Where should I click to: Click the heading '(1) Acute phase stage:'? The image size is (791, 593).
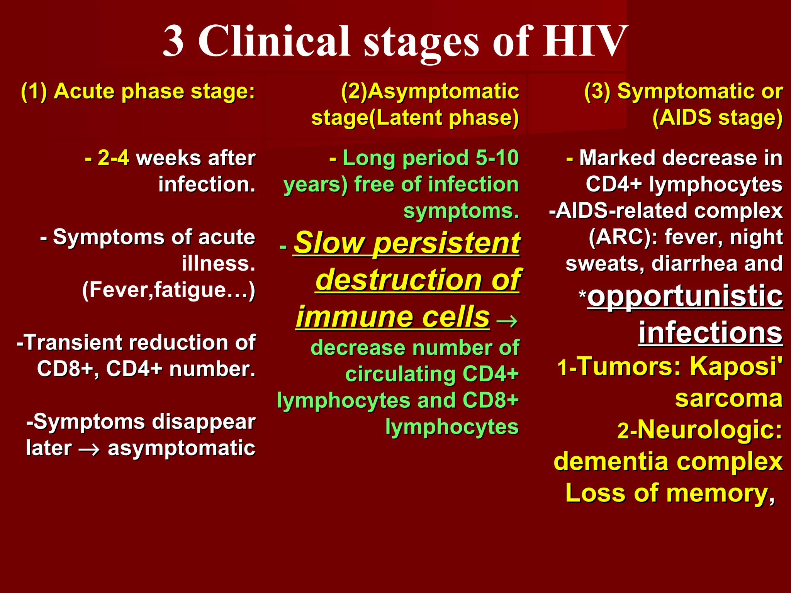coord(138,92)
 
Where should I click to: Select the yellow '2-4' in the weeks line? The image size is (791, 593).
coord(113,158)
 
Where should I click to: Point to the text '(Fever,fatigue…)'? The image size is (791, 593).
coord(169,290)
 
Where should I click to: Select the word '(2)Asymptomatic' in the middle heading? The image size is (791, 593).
coord(430,92)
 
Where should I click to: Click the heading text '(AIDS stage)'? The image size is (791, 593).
coord(717,118)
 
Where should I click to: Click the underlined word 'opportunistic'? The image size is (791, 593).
coord(685,296)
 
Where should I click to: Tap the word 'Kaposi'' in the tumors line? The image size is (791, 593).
coord(736,366)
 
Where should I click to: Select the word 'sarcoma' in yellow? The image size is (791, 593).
coord(728,398)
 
